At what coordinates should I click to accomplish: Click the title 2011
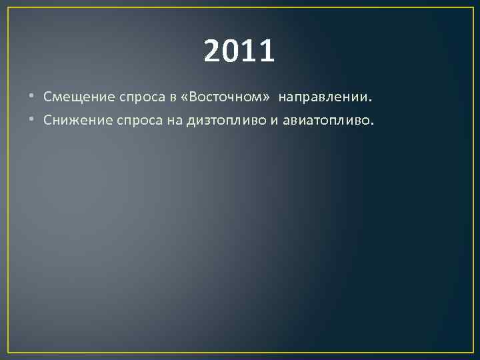[239, 51]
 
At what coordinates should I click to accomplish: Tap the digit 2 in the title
[214, 51]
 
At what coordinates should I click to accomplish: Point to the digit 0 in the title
[231, 51]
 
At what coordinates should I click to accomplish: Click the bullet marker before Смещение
[35, 97]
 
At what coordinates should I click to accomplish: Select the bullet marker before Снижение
[35, 121]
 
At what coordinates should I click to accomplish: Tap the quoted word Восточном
[225, 97]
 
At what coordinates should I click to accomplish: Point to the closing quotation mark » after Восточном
[267, 98]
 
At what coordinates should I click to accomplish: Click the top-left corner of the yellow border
[8, 8]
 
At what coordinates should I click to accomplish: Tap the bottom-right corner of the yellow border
[473, 352]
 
